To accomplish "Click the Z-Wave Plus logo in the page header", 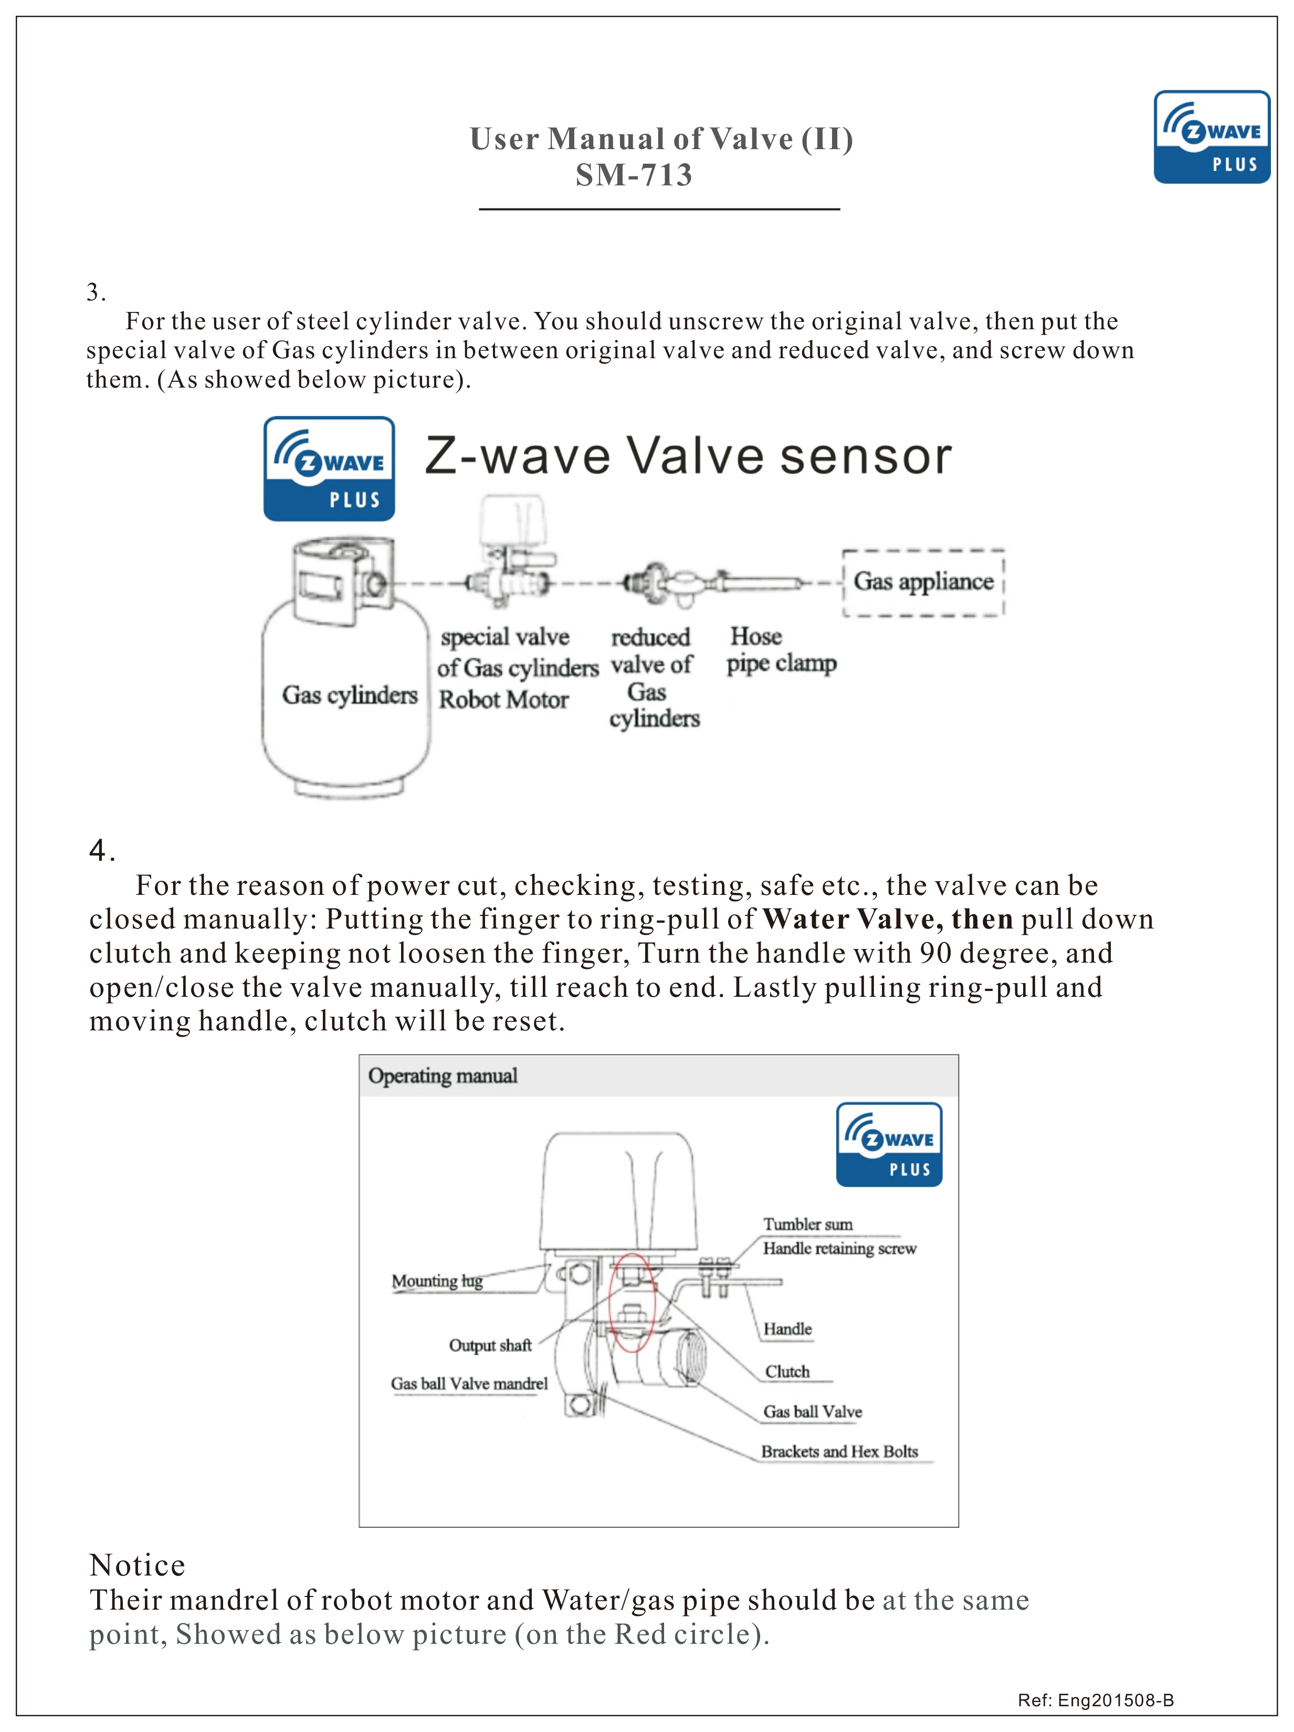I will (x=1211, y=137).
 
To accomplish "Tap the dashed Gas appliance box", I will (x=923, y=582).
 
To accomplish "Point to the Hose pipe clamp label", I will (x=781, y=650).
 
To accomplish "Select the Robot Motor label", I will (x=503, y=699).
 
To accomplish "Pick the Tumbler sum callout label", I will (x=808, y=1224).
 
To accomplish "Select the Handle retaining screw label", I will (x=839, y=1248).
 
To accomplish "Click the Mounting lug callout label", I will (x=437, y=1281).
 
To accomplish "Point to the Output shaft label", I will (x=490, y=1345).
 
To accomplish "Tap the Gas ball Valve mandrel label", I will (x=469, y=1384).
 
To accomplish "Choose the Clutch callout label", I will (x=787, y=1371).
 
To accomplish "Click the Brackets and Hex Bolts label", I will (x=839, y=1451).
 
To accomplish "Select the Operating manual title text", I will (x=443, y=1076).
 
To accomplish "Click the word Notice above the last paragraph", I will (x=137, y=1565).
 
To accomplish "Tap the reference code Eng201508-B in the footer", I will (x=1115, y=1700).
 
